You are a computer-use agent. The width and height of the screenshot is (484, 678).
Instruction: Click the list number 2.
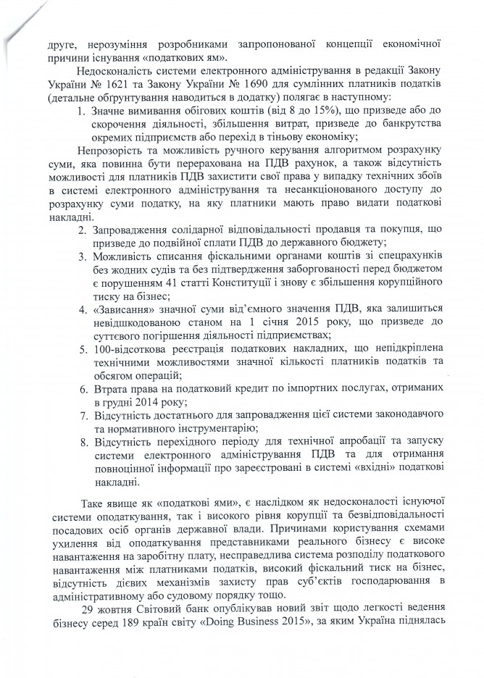click(x=83, y=228)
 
